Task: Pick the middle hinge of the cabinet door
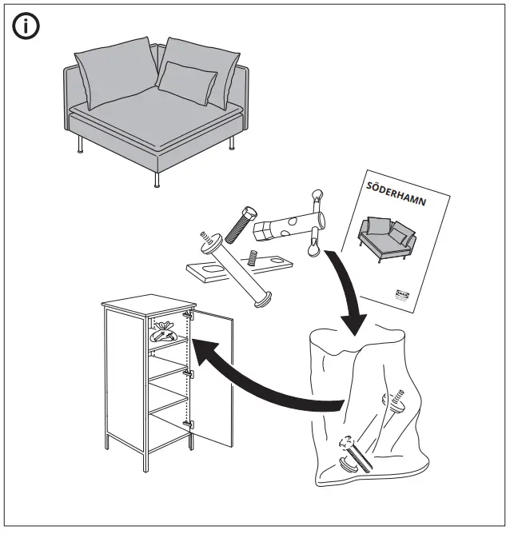click(189, 372)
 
